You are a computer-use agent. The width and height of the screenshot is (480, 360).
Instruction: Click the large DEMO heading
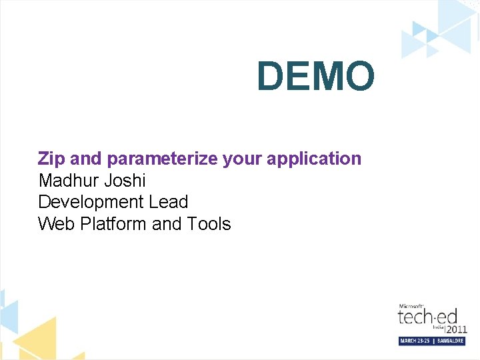click(x=315, y=76)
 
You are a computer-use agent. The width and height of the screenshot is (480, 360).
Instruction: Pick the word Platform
click(x=113, y=224)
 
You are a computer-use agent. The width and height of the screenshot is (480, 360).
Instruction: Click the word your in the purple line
click(x=243, y=159)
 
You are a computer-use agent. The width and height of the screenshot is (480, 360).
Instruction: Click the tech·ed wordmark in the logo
click(x=427, y=315)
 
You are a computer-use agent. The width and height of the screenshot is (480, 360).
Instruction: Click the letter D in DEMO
click(x=270, y=76)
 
